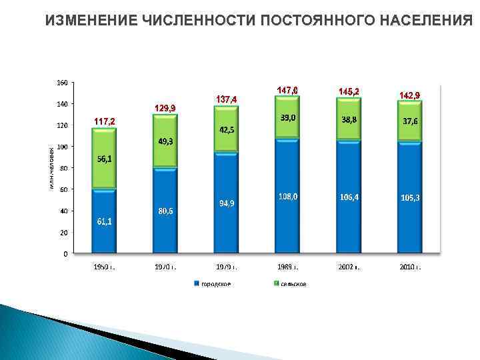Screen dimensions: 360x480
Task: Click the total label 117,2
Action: coord(104,121)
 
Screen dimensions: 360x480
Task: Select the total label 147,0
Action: coord(287,89)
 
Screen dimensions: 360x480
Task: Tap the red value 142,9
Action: coord(409,95)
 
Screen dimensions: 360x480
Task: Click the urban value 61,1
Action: coord(104,221)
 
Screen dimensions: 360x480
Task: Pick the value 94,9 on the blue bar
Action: coord(227,203)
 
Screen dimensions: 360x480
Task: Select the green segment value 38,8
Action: coord(349,120)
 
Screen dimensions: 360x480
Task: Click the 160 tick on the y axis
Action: coord(61,83)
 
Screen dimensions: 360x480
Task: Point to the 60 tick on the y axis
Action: coord(63,189)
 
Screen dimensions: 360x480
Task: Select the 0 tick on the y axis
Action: coord(65,254)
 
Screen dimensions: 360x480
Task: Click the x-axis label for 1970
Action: coord(165,267)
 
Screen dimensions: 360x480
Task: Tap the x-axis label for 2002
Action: coord(349,267)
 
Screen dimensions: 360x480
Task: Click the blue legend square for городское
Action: coord(197,284)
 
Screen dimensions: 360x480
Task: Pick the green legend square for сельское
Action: coord(277,284)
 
